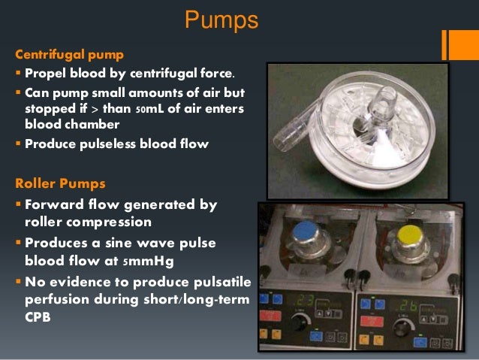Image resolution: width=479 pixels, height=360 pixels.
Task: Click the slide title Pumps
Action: tap(221, 20)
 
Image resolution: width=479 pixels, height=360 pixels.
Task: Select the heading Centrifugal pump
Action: tap(70, 55)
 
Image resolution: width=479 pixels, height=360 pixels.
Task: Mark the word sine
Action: tap(107, 243)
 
